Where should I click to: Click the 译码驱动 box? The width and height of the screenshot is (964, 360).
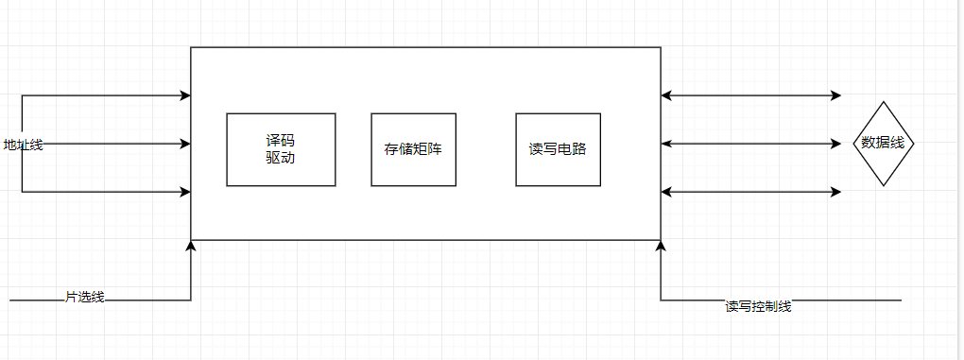click(x=281, y=149)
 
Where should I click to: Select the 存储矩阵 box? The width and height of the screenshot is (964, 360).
click(x=413, y=149)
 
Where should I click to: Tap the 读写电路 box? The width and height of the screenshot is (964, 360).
click(x=558, y=149)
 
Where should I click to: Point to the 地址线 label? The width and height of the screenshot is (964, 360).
click(x=23, y=145)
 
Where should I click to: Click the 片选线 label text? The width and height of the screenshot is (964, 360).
click(x=84, y=298)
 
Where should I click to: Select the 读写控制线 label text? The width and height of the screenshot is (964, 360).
click(x=758, y=306)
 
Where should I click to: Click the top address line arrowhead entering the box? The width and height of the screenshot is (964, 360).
click(x=185, y=95)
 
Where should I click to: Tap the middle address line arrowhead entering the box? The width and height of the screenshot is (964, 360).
click(x=185, y=144)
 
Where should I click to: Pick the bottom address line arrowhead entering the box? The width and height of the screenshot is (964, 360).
click(x=185, y=192)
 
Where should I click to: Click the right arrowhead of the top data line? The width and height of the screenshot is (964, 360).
click(x=835, y=95)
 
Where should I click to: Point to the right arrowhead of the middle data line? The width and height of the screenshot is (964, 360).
click(x=835, y=144)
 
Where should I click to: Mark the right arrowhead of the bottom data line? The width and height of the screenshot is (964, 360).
click(x=835, y=192)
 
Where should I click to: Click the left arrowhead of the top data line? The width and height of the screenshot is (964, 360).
click(x=666, y=95)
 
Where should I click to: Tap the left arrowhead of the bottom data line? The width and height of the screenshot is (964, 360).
click(x=666, y=192)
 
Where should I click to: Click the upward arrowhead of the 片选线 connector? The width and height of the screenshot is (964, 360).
click(x=191, y=246)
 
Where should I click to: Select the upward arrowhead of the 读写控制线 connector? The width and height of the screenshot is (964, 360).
click(x=661, y=246)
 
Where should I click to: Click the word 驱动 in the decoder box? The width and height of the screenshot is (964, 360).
click(x=281, y=158)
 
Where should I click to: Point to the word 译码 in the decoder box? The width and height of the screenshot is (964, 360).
click(x=281, y=141)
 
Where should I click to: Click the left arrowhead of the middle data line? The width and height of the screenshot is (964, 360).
click(x=666, y=144)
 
